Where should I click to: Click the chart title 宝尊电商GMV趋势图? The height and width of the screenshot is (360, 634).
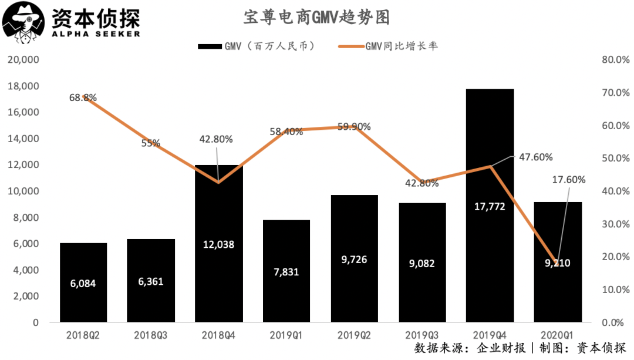point(316,18)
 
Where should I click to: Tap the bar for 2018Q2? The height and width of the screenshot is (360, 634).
point(83,282)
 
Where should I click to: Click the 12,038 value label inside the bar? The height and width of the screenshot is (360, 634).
point(218,244)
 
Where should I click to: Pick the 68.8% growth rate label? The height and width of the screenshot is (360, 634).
point(83,97)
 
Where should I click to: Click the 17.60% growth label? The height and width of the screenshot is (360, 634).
point(568,180)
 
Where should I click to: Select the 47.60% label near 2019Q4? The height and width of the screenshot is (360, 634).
point(535,157)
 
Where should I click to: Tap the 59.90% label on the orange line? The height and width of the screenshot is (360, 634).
point(353,127)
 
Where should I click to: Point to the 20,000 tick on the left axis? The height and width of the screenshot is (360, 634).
point(22,60)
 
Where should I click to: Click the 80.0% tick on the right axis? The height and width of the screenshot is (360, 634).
point(616,60)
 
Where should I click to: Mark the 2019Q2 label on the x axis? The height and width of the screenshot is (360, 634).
point(353,335)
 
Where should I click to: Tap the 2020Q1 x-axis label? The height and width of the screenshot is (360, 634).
point(557,335)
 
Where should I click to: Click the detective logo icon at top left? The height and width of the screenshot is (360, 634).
point(23,21)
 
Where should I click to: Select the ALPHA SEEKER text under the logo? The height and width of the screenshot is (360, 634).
point(96,33)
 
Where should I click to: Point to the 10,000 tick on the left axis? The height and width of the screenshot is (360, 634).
point(22,191)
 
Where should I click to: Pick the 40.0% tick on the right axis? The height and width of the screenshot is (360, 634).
point(616,191)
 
